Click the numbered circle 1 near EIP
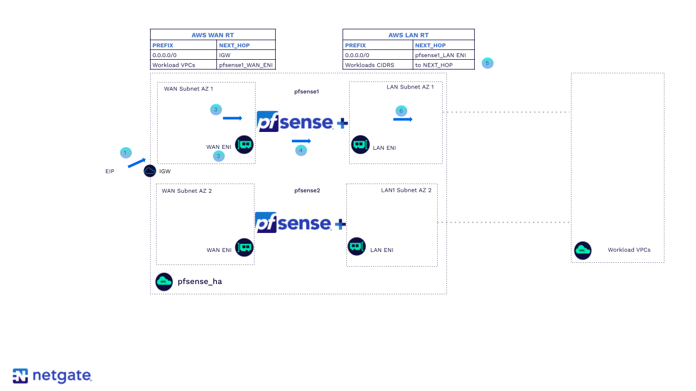click(x=126, y=153)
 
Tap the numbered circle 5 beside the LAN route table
click(x=487, y=63)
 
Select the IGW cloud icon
click(x=150, y=171)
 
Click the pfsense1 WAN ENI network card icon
click(x=244, y=144)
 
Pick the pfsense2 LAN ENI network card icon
click(x=357, y=247)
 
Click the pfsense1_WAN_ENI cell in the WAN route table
click(x=246, y=65)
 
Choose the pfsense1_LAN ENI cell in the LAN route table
click(x=440, y=55)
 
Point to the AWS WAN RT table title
click(x=213, y=35)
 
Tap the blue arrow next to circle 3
click(x=232, y=118)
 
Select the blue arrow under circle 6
click(x=402, y=119)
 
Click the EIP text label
click(x=110, y=172)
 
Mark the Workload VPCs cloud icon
click(x=583, y=250)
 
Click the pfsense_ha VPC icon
click(x=164, y=281)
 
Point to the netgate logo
click(x=52, y=376)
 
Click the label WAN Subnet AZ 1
click(x=189, y=89)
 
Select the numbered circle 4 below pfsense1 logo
click(x=301, y=150)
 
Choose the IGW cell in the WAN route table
click(x=225, y=55)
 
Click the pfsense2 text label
click(x=307, y=191)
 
